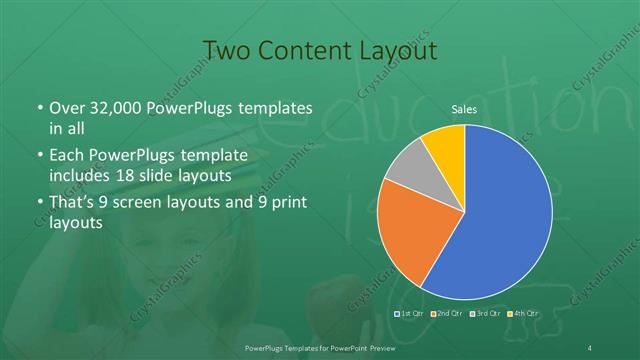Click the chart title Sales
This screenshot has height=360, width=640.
click(x=465, y=109)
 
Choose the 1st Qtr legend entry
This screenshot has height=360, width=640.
click(x=410, y=313)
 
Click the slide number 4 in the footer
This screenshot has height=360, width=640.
click(x=591, y=347)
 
